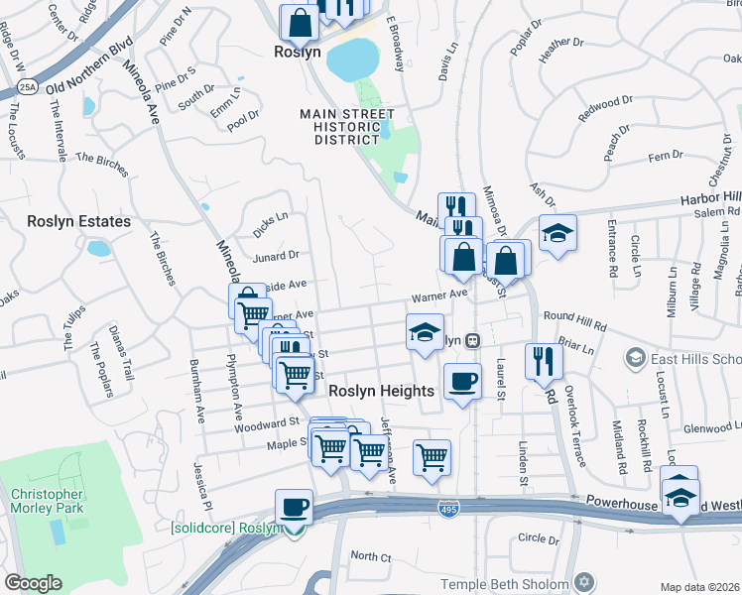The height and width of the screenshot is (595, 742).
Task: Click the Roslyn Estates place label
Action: tap(78, 221)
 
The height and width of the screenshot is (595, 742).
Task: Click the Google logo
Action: tap(33, 583)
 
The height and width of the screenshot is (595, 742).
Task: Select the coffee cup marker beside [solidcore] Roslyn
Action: tap(293, 507)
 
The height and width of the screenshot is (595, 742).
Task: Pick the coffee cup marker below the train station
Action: tap(461, 381)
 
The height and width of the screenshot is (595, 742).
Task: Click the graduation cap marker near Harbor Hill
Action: tap(557, 233)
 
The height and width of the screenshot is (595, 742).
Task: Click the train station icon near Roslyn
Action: tap(473, 340)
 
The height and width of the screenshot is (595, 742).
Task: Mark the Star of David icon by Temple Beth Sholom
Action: tap(585, 584)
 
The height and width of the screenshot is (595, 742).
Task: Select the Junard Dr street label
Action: tap(277, 256)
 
